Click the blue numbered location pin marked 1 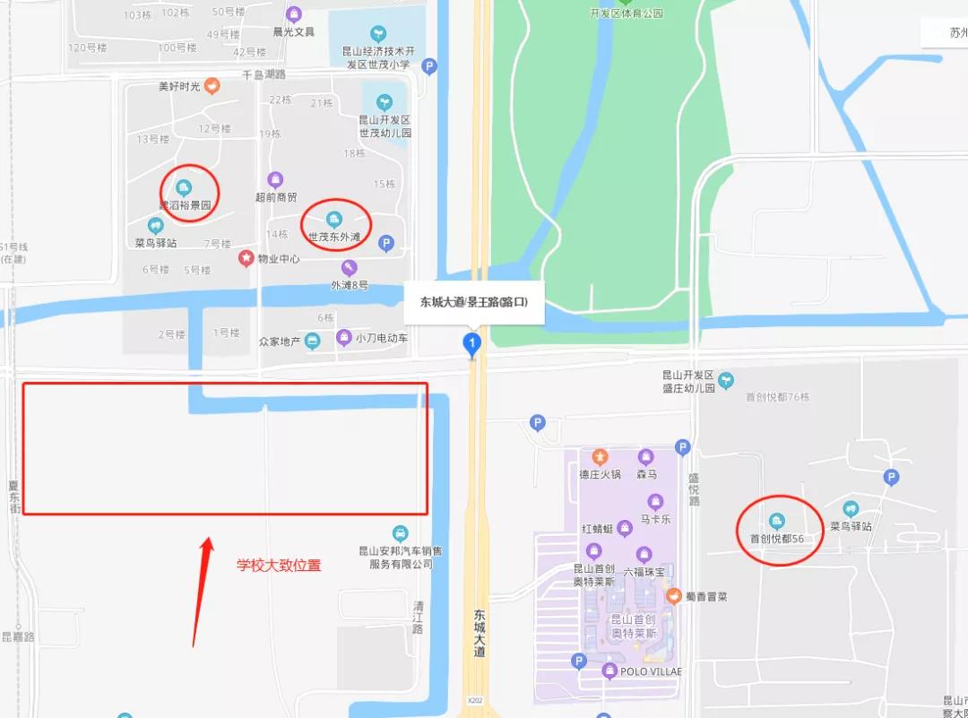click(471, 342)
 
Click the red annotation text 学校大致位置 click(279, 565)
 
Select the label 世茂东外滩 click(334, 238)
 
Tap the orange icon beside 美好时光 click(212, 86)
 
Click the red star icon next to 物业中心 click(246, 258)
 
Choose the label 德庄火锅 click(600, 474)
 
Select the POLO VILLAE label click(651, 671)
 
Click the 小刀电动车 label click(381, 338)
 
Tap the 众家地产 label click(279, 341)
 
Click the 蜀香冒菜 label click(706, 596)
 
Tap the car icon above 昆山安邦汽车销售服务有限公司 click(401, 532)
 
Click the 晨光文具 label click(293, 31)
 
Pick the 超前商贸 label click(275, 197)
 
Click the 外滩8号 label click(350, 285)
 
